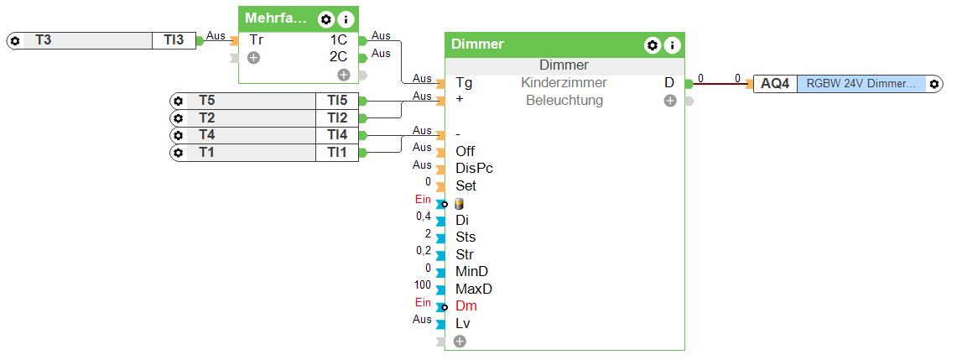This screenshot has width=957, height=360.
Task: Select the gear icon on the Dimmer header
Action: pos(652,45)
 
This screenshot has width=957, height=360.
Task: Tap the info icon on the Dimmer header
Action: pos(671,45)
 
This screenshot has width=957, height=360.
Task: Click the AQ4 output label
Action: pos(775,84)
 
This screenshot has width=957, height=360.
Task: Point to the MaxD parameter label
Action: pos(473,289)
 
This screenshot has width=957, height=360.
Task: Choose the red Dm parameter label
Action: pos(465,306)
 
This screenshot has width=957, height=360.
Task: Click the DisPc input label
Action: pos(474,169)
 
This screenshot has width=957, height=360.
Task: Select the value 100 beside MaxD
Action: pos(424,285)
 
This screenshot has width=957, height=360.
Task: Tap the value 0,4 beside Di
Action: pos(424,217)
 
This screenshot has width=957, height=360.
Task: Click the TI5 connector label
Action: pos(337,101)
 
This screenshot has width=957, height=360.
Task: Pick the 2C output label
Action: pos(338,57)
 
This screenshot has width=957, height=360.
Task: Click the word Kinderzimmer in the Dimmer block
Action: pos(564,83)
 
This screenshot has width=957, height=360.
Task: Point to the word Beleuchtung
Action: pos(564,101)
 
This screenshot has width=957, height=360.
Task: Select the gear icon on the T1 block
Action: pos(178,153)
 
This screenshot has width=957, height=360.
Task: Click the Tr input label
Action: pos(257,40)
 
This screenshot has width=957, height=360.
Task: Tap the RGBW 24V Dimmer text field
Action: pos(861,84)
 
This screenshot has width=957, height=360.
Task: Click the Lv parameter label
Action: pos(463,323)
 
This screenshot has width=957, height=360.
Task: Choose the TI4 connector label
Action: pos(337,135)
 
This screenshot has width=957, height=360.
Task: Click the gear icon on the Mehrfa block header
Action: pos(325,19)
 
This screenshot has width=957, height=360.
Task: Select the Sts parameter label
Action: pos(465,237)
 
